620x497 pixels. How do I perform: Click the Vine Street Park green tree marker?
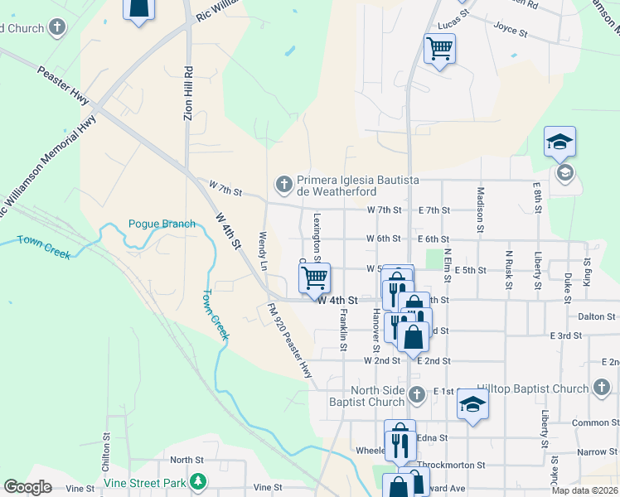click(x=197, y=481)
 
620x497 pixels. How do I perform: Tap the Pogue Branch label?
click(x=162, y=224)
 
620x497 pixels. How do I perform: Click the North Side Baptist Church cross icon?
click(x=418, y=393)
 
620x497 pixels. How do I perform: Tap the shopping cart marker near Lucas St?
click(x=439, y=48)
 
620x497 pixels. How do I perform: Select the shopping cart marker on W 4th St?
click(x=314, y=277)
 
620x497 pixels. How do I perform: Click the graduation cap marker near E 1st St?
click(x=472, y=404)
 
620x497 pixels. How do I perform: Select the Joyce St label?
click(x=511, y=32)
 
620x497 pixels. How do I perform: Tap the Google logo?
click(x=27, y=487)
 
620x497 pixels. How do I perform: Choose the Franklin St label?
click(x=342, y=334)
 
